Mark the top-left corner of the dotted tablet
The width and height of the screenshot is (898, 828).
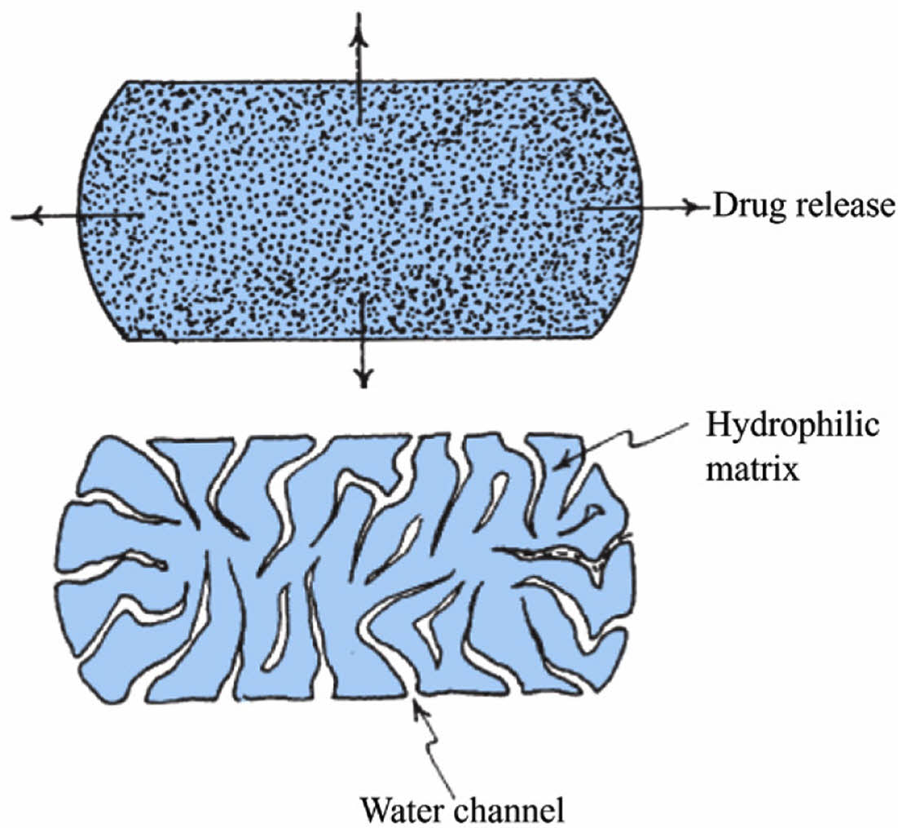pos(127,82)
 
